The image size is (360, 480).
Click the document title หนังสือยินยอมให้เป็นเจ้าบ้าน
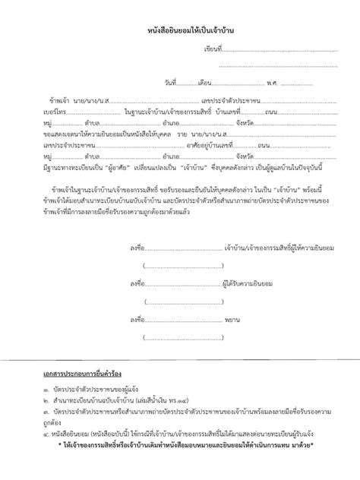click(180, 30)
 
